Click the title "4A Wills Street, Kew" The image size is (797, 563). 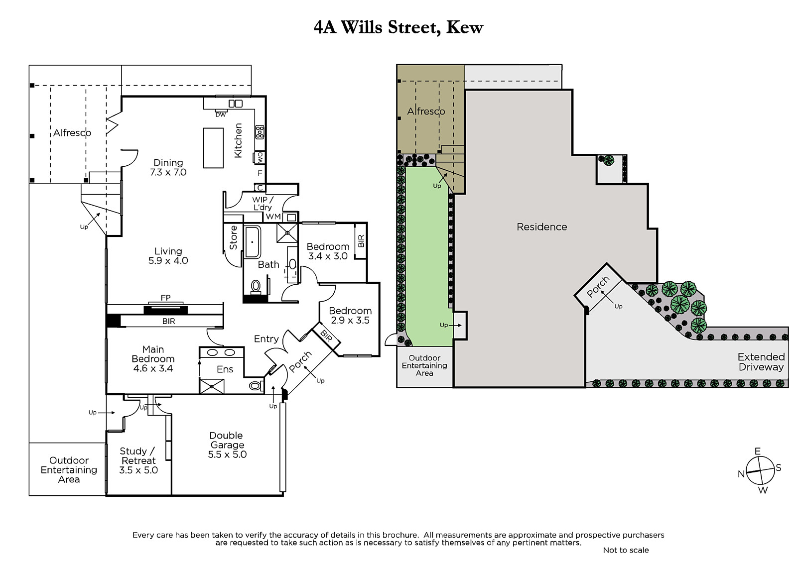click(x=398, y=27)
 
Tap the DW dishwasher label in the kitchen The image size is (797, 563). click(x=221, y=114)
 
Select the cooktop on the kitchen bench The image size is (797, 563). click(x=260, y=132)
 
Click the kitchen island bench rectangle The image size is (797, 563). click(x=213, y=148)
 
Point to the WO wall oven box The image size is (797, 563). click(x=260, y=157)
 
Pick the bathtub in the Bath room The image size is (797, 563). click(x=252, y=242)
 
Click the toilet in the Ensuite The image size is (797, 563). click(x=256, y=385)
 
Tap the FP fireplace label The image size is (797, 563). click(x=165, y=298)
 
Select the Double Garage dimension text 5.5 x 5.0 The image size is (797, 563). click(x=227, y=454)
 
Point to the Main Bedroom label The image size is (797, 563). click(x=153, y=354)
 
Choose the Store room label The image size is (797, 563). click(x=234, y=237)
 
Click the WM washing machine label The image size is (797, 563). click(x=273, y=216)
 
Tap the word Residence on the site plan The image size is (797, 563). click(x=541, y=227)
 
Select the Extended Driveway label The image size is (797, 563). click(x=761, y=362)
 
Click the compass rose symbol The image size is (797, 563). click(x=760, y=470)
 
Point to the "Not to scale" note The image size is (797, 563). click(x=626, y=550)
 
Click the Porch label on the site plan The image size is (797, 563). click(x=598, y=287)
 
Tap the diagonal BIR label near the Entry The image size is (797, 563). click(x=326, y=335)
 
